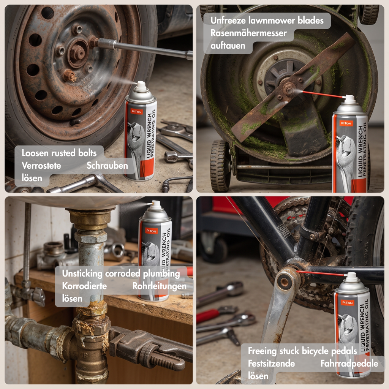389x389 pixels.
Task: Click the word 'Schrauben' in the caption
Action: pos(107,166)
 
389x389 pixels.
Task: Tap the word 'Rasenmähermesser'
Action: pos(248,33)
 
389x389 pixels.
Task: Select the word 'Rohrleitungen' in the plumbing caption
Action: pos(160,286)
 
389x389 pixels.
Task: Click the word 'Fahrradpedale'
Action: pos(349,364)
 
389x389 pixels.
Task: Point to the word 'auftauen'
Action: pos(228,46)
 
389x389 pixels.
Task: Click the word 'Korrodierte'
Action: pos(84,286)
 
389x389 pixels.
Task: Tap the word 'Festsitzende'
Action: pos(271,364)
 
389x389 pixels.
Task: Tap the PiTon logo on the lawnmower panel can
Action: pos(346,123)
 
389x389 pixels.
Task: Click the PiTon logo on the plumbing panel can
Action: pos(151,231)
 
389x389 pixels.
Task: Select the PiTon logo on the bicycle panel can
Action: pos(347,303)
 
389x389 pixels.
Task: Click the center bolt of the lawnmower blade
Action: pos(289,90)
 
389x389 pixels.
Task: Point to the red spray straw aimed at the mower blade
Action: pos(323,94)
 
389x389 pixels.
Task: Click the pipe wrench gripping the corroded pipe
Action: pos(149,347)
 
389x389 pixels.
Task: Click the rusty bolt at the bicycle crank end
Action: pos(284,282)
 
